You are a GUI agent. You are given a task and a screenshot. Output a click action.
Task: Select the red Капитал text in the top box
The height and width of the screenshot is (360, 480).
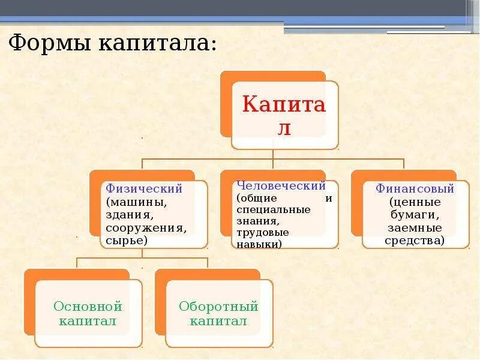coord(284,115)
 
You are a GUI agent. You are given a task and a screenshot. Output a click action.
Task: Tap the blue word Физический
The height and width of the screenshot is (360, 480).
coord(143,188)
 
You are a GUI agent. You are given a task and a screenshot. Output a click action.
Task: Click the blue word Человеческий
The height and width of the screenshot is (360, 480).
coord(281,185)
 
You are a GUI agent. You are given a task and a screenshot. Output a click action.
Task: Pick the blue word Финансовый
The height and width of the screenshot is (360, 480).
coord(415,188)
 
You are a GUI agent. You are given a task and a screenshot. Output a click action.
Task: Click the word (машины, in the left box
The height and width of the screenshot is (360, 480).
coord(136,202)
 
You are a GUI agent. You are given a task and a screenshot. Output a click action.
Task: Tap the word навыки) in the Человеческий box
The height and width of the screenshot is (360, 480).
coord(259,244)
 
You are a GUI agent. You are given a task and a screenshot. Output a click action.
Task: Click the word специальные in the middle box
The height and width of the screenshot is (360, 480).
coord(273,209)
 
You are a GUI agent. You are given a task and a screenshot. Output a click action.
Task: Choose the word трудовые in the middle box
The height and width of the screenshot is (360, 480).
coord(262,232)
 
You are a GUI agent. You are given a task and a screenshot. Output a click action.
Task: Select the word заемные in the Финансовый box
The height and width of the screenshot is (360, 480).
coord(415,228)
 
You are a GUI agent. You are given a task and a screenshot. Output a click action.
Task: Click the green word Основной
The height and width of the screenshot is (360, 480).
coord(88,307)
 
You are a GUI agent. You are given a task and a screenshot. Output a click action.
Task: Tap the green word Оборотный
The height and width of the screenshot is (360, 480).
coord(218,307)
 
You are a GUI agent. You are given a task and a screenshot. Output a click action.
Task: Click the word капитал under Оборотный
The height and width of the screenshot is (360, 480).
coord(218,321)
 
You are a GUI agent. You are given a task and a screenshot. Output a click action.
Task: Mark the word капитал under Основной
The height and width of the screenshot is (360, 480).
coord(88,321)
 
